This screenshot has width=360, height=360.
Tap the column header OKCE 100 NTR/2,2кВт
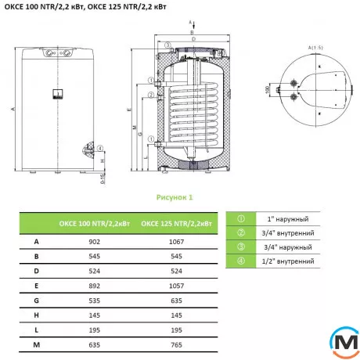(x=88, y=225)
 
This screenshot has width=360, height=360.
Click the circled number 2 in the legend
(x=242, y=232)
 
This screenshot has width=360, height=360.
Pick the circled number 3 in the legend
(x=242, y=246)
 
